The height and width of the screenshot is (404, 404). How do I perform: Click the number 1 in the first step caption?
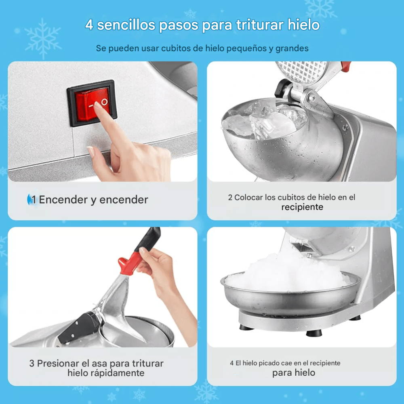(34, 200)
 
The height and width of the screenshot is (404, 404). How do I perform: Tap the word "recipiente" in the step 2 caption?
(302, 207)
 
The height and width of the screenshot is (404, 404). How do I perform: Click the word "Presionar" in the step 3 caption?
(60, 363)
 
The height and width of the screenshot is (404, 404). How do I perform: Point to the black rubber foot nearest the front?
(314, 333)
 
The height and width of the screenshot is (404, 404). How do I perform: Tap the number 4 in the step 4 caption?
(232, 363)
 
